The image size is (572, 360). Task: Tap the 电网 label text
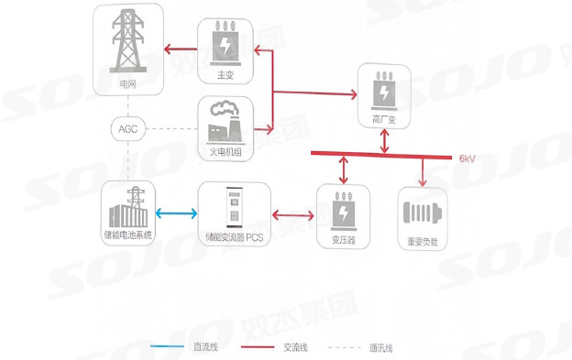(127, 83)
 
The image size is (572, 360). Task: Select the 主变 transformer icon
(225, 44)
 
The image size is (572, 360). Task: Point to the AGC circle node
(127, 128)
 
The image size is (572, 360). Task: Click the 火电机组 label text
(225, 149)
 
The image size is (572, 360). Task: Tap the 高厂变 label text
(384, 120)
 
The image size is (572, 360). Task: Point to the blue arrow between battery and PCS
(176, 214)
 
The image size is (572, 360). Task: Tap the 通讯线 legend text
(380, 347)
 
